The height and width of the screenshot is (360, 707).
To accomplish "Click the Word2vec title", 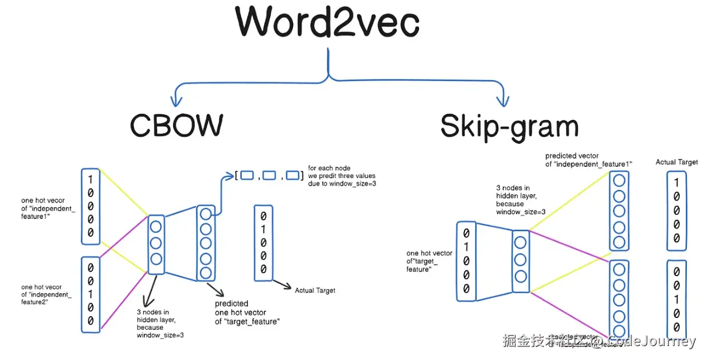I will pyautogui.click(x=327, y=23).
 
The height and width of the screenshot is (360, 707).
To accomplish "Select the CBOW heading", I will pyautogui.click(x=176, y=125).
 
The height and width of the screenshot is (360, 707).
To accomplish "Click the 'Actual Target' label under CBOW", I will pyautogui.click(x=315, y=291).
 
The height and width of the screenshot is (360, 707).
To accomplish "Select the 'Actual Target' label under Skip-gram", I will pyautogui.click(x=677, y=162).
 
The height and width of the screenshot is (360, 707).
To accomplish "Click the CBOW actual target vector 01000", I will pyautogui.click(x=264, y=242).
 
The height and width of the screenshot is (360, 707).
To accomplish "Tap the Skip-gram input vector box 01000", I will pyautogui.click(x=466, y=260).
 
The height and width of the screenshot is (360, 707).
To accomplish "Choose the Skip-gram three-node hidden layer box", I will pyautogui.click(x=520, y=260).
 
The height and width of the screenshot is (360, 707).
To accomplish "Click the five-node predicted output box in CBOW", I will pyautogui.click(x=205, y=243).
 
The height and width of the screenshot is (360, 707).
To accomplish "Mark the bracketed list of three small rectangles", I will pyautogui.click(x=269, y=176).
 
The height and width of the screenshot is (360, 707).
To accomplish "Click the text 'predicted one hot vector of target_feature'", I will pyautogui.click(x=247, y=312).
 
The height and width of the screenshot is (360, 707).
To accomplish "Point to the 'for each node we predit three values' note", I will pyautogui.click(x=341, y=175).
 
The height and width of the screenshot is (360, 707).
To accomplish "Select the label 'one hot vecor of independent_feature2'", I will pyautogui.click(x=46, y=294).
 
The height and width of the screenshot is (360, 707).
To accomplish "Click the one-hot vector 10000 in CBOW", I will pyautogui.click(x=91, y=206).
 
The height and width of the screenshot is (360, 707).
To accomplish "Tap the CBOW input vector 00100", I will pyautogui.click(x=91, y=294).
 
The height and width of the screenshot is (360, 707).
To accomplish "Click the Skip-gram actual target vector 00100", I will pyautogui.click(x=676, y=300).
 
